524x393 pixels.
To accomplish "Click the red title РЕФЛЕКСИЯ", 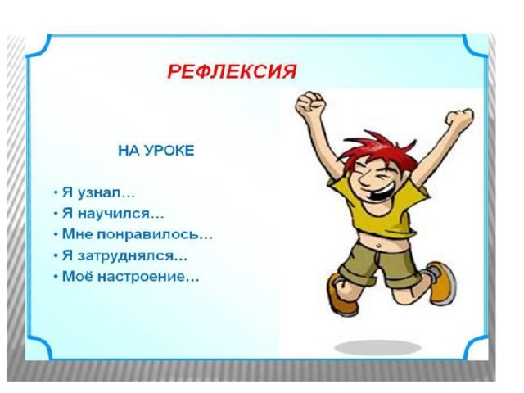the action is point(232,71).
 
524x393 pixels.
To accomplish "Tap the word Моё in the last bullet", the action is point(79,276).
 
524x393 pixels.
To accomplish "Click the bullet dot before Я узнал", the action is point(56,193).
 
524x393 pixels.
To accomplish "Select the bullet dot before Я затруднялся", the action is point(56,256).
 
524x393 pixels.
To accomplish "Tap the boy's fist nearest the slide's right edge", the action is point(460,118).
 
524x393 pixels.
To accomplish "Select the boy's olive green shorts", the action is point(377,264).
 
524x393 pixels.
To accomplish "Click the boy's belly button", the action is point(378,246).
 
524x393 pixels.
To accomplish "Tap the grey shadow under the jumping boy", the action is point(378,348).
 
